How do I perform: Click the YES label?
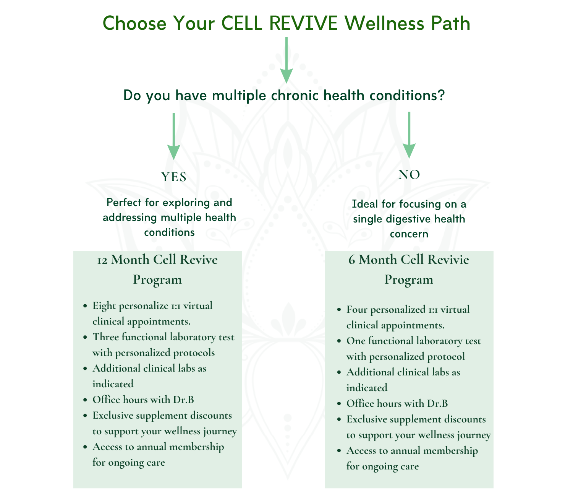point(174,177)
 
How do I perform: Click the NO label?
point(409,175)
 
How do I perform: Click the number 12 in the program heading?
point(102,260)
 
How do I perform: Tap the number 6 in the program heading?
point(352,260)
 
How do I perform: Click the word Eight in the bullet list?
point(104,306)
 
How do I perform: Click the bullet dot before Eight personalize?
point(84,307)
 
